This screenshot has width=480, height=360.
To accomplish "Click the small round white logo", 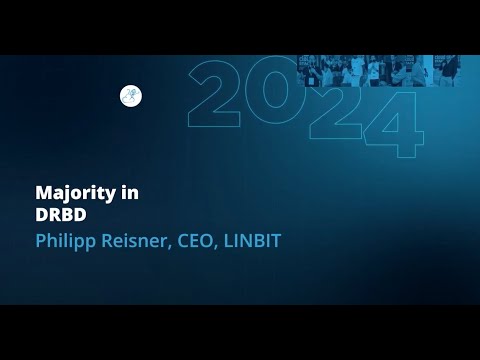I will click(x=130, y=96).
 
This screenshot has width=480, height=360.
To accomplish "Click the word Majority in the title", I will click(x=76, y=194).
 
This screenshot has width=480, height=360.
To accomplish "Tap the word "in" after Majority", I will click(x=130, y=193).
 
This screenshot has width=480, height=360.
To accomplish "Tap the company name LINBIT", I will click(x=250, y=241).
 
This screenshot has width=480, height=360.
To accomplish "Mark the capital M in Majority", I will click(x=42, y=193).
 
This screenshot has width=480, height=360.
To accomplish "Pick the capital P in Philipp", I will click(x=40, y=241).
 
